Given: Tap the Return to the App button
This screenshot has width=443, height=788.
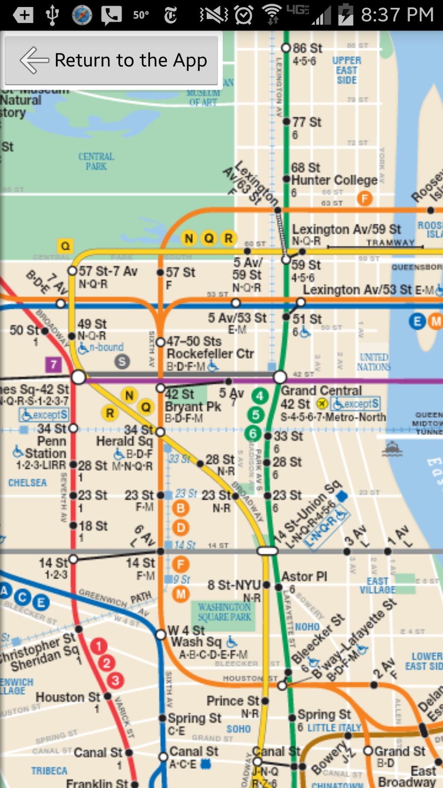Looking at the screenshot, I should (x=112, y=60).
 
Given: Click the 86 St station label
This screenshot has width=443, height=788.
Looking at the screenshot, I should (x=307, y=48).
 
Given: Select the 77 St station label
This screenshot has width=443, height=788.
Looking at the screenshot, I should (x=307, y=122).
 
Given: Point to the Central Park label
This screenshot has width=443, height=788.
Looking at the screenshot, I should (x=96, y=161).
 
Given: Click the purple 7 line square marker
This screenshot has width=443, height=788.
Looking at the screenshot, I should (x=53, y=364).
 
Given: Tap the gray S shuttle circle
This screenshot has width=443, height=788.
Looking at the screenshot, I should (x=122, y=361).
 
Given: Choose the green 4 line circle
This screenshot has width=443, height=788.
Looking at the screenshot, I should (x=260, y=396).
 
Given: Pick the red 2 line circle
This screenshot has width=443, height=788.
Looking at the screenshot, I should (x=106, y=663).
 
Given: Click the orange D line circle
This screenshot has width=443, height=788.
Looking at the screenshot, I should (x=181, y=528).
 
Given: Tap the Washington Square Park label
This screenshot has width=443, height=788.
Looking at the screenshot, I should (x=225, y=612).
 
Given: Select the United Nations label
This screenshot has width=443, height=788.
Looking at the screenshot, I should (x=374, y=362).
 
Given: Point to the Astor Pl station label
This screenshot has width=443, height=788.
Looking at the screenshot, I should (x=304, y=577).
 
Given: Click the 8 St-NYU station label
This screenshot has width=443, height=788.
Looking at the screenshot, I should (x=234, y=585).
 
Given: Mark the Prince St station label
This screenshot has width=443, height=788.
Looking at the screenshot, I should (x=232, y=701).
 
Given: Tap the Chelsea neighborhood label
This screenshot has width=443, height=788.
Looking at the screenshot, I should (x=27, y=483).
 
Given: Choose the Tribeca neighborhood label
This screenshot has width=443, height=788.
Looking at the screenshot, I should (x=49, y=771).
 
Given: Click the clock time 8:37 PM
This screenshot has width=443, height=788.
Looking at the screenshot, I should (x=397, y=15).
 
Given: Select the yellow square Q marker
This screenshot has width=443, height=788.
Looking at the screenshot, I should (x=65, y=246).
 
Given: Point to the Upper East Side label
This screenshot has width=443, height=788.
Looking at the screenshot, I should (x=347, y=70).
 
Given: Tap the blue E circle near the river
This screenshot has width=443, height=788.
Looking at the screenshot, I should (x=417, y=321).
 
